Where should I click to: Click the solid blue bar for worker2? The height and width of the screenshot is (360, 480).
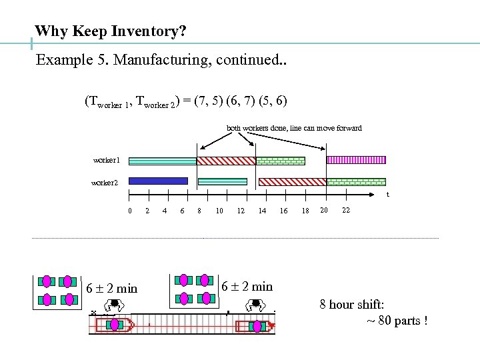(x=158, y=181)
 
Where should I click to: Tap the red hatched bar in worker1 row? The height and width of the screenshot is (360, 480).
(x=226, y=161)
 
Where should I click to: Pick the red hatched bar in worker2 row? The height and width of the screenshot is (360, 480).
(x=292, y=181)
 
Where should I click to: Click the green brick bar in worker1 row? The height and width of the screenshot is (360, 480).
(x=280, y=161)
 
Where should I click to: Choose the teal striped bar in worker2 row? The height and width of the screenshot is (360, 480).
(x=223, y=181)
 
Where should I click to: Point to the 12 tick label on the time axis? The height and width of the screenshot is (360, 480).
(x=241, y=211)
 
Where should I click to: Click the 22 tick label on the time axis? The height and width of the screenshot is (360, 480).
(x=345, y=210)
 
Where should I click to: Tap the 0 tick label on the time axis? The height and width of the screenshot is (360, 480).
(x=130, y=211)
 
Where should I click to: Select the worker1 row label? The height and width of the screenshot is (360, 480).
(x=107, y=161)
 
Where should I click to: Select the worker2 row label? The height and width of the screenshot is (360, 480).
(x=105, y=182)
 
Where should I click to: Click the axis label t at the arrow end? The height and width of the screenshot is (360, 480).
(x=388, y=195)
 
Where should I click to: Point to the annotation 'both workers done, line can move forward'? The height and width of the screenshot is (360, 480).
(x=294, y=128)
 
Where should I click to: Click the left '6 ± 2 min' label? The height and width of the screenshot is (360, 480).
(x=111, y=288)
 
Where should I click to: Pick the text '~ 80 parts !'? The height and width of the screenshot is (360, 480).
(x=397, y=321)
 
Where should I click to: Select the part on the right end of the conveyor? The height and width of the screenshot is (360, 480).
(x=255, y=326)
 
